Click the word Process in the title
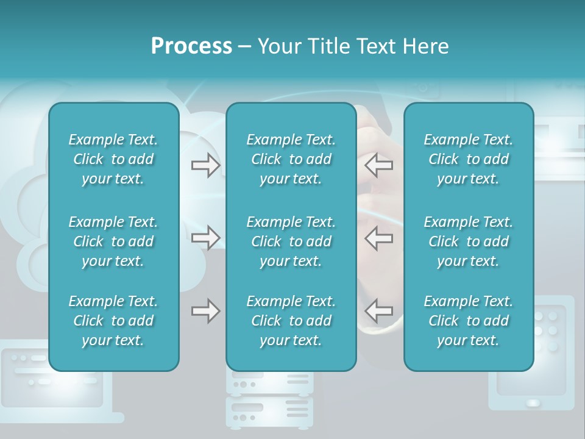(x=191, y=46)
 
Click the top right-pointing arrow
(x=205, y=165)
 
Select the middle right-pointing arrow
(x=205, y=238)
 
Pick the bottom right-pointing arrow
(x=205, y=311)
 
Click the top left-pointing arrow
(x=379, y=165)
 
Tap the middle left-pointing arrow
(x=379, y=238)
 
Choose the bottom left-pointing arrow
(x=379, y=311)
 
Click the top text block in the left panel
(x=113, y=159)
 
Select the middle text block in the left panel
(x=113, y=241)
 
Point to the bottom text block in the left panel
(x=113, y=321)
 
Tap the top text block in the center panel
(x=291, y=159)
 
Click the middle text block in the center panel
(x=291, y=241)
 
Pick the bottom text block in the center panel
(x=291, y=321)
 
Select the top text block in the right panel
(x=468, y=159)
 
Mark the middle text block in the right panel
(x=468, y=241)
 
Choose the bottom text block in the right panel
(x=468, y=321)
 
